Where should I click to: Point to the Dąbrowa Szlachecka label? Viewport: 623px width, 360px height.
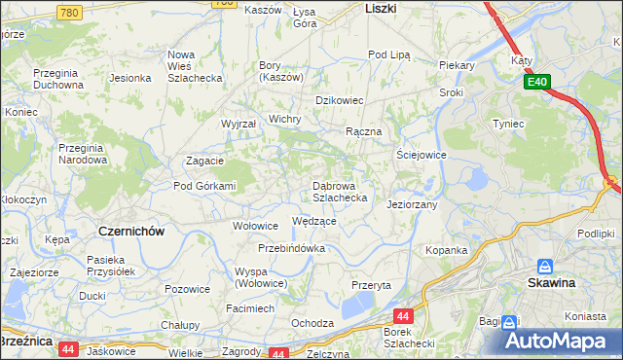click(340, 191)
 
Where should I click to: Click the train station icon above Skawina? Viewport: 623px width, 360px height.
click(546, 266)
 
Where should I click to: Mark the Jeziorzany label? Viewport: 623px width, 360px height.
click(412, 205)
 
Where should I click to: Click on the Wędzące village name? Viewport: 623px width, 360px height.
click(314, 221)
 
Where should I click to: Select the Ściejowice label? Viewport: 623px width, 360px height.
click(421, 155)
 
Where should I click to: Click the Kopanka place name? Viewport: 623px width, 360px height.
click(447, 250)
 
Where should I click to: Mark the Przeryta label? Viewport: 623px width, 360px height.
click(371, 285)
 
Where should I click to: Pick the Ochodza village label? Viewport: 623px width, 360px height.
click(312, 323)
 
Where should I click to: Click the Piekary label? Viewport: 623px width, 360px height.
click(456, 65)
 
